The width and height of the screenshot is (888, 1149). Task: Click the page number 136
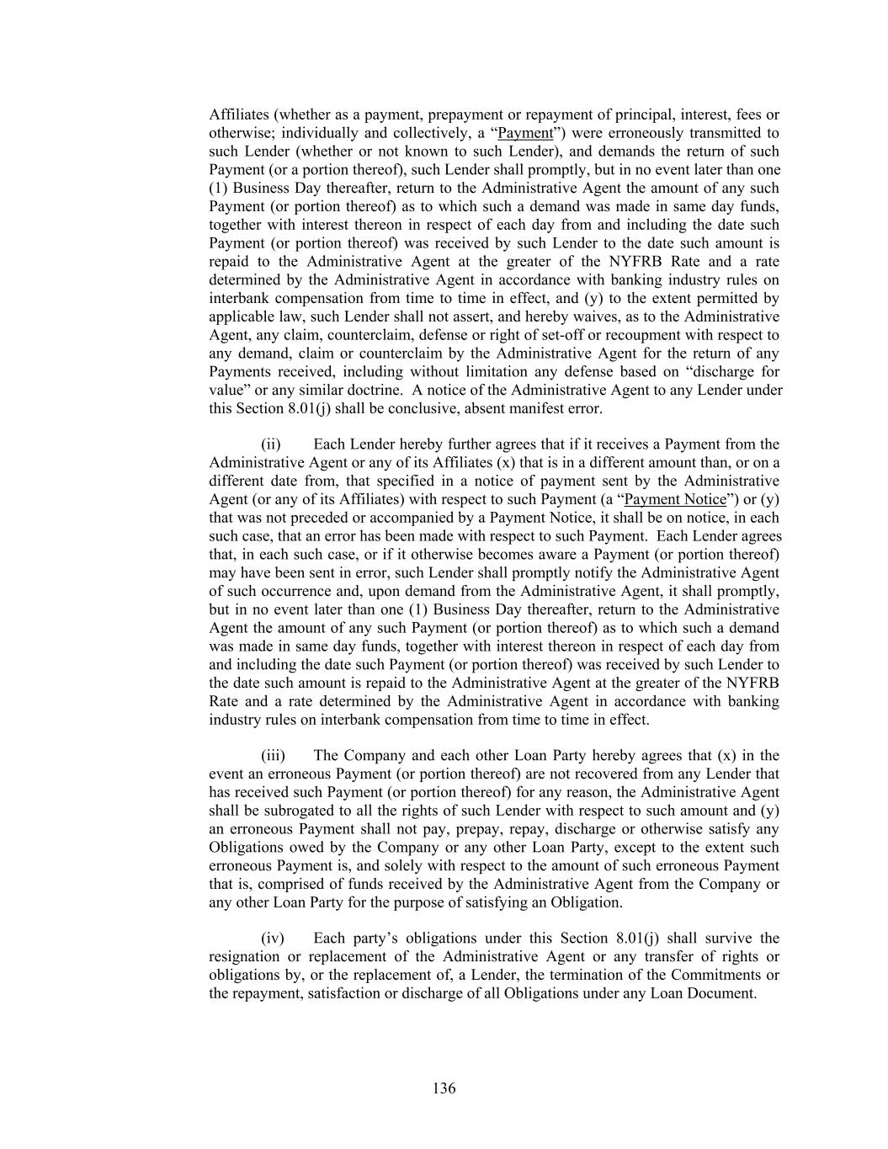444,1088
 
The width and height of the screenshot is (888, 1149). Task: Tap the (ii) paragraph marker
270,444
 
